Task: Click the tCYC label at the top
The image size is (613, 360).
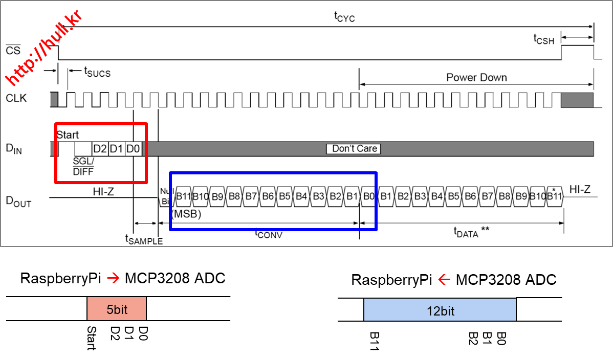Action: tap(344, 17)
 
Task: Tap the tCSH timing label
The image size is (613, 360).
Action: tap(543, 39)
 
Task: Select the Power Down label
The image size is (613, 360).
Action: tap(476, 78)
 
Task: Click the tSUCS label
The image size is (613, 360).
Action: tap(97, 73)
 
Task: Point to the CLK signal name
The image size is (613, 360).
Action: tap(16, 98)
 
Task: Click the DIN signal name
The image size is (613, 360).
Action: tap(14, 149)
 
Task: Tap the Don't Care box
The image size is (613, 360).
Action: tap(354, 149)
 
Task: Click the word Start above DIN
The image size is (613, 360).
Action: tap(68, 135)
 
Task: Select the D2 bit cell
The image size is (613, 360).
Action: tap(100, 149)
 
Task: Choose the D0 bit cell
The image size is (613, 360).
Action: tap(133, 149)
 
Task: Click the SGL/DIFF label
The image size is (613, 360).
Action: tap(83, 167)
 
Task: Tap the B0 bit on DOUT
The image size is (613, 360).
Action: tap(368, 196)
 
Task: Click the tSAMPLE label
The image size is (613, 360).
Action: tap(144, 239)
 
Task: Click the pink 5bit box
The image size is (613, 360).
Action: tap(117, 309)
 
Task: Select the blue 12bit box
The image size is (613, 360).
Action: tap(440, 310)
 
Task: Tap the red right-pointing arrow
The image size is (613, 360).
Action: tap(113, 278)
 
